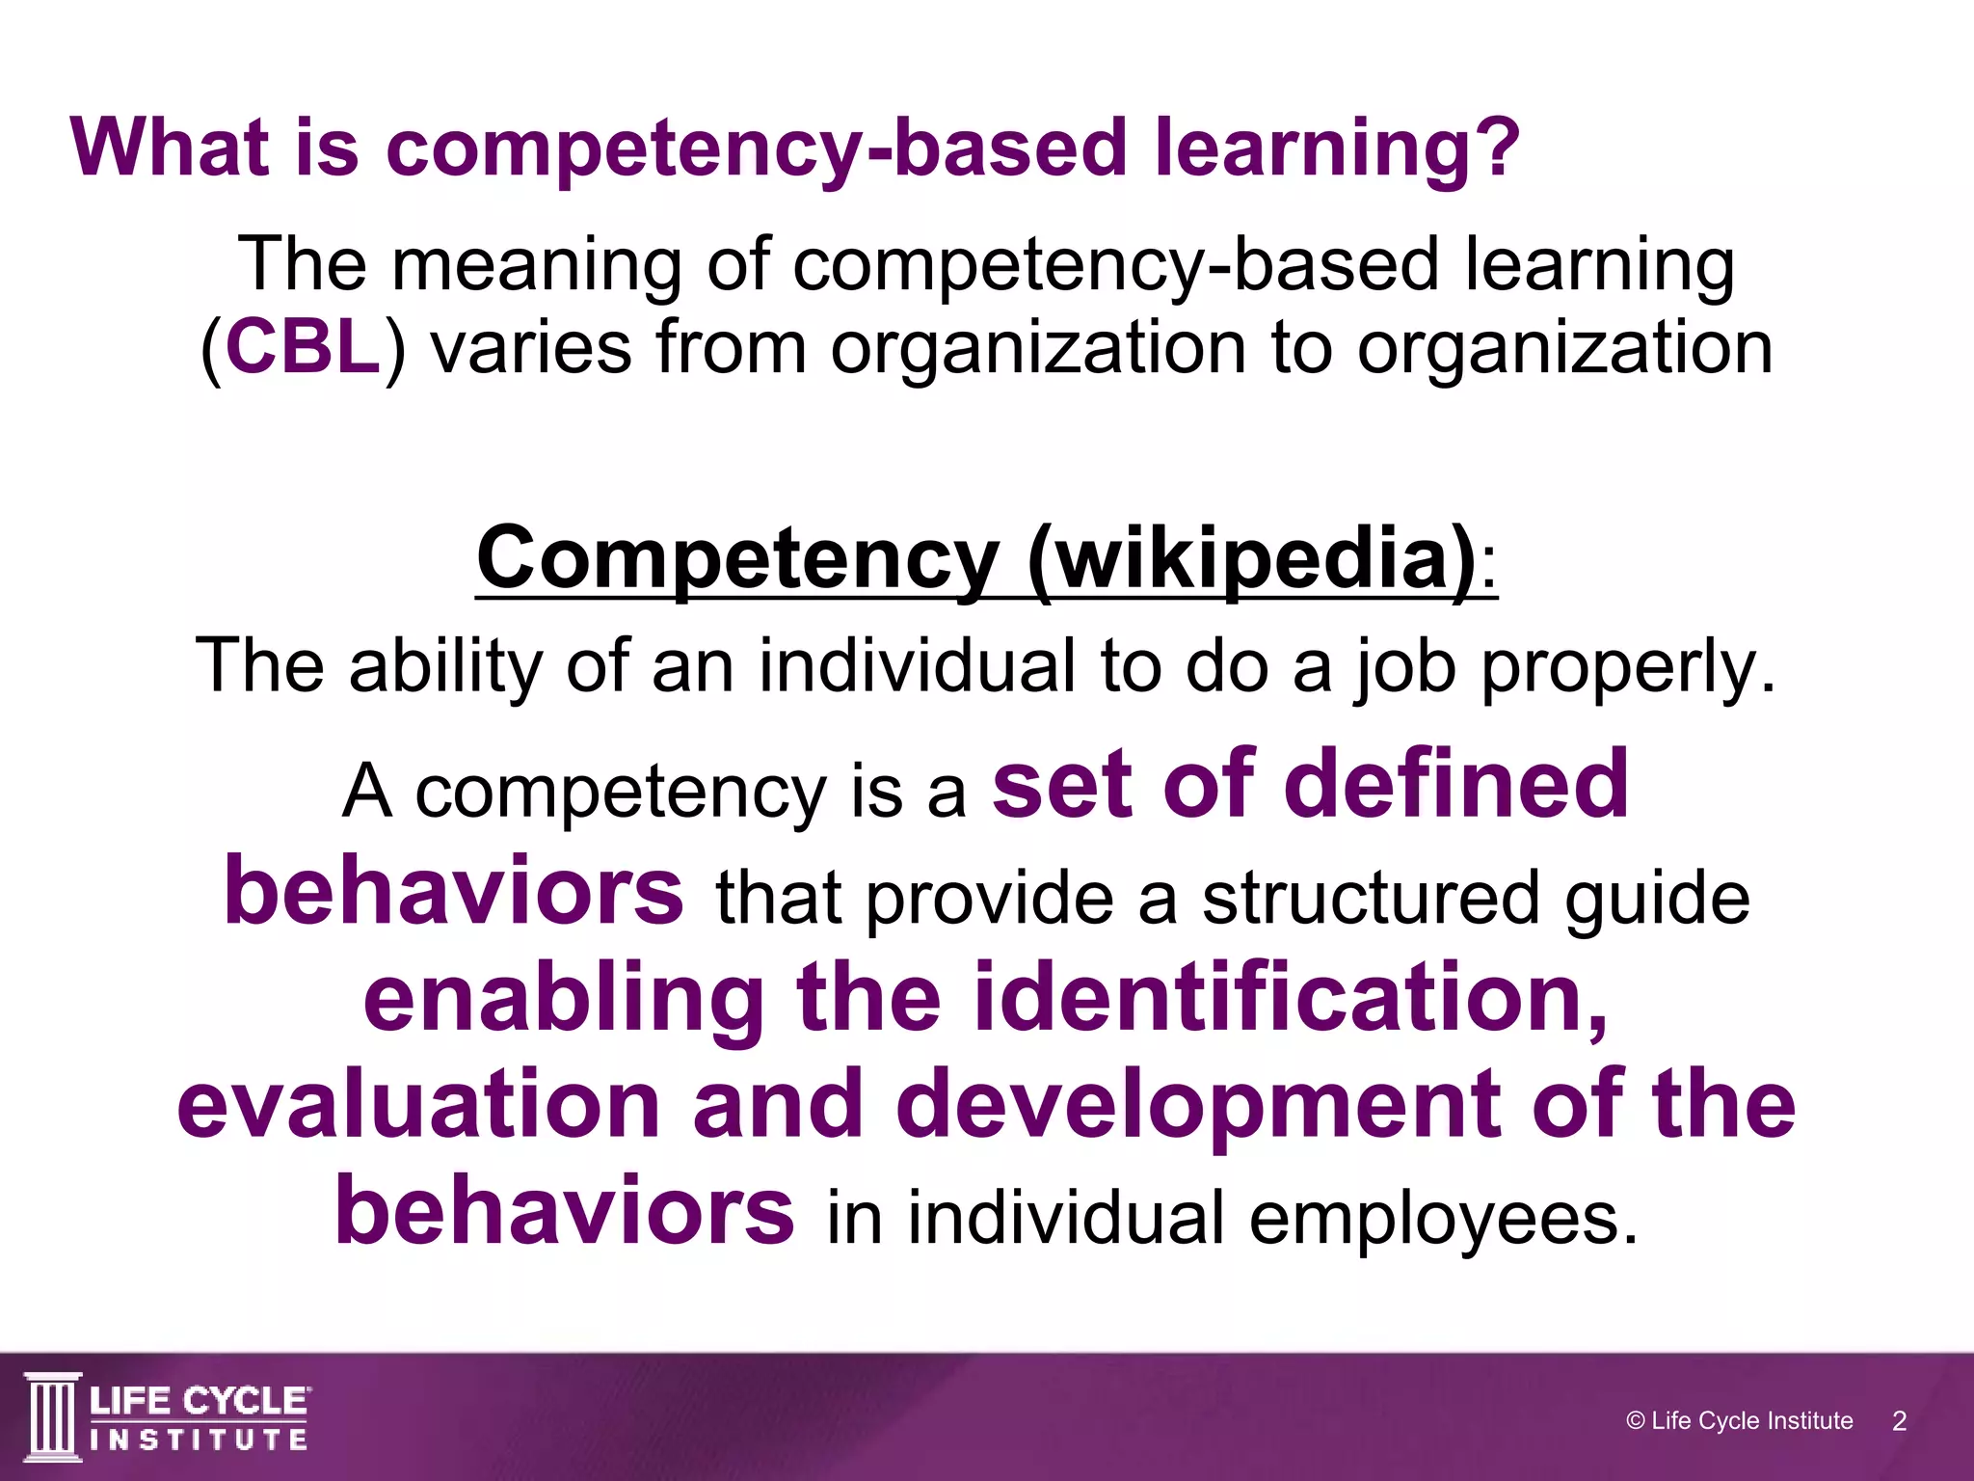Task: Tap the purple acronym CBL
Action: [303, 347]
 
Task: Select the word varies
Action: [530, 347]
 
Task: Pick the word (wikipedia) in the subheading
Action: [1250, 559]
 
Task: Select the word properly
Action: [1627, 667]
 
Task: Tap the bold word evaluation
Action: [418, 1105]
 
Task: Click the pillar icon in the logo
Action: [52, 1416]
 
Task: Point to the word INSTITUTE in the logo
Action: [200, 1441]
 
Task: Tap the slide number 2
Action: [1899, 1420]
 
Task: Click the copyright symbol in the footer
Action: [1635, 1420]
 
